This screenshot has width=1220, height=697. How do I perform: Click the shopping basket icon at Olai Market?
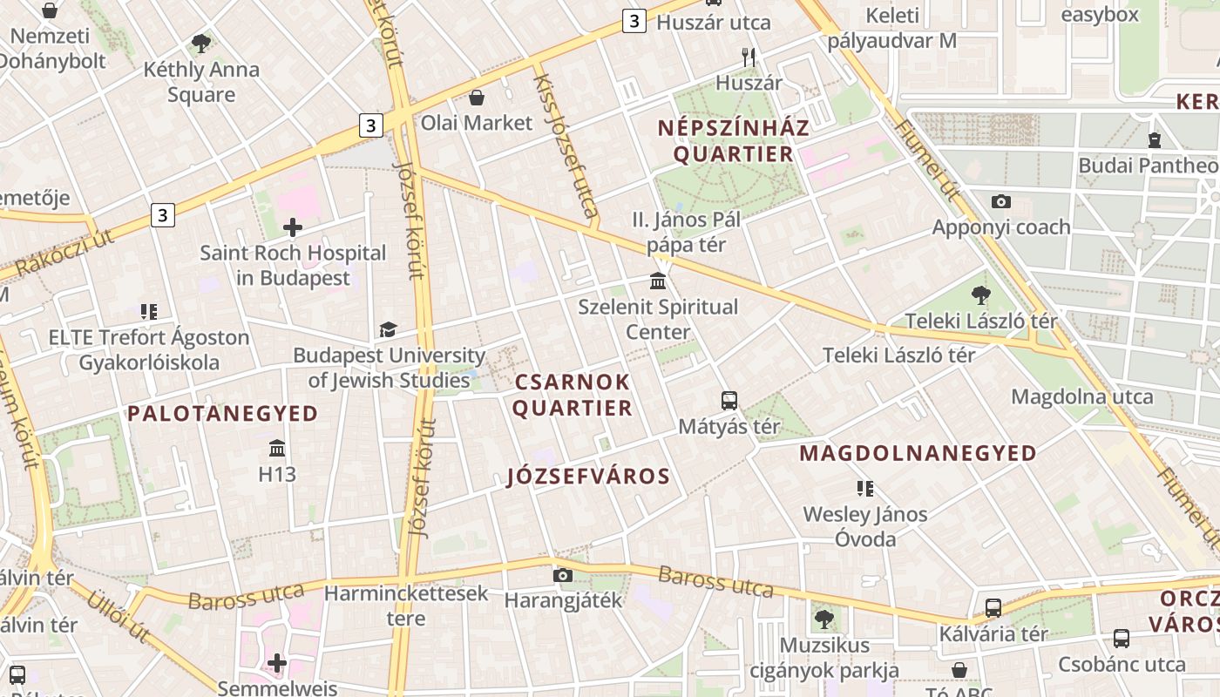coord(477,97)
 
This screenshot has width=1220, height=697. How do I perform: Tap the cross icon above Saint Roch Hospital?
coord(293,228)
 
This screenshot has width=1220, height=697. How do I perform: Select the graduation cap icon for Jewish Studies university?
coord(388,329)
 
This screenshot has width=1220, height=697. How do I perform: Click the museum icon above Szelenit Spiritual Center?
coord(658,281)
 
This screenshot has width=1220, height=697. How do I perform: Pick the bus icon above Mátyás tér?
coord(729,401)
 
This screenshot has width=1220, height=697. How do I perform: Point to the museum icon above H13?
coord(277,449)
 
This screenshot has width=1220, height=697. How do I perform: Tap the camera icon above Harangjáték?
coord(563,575)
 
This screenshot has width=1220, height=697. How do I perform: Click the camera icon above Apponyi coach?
coord(1001,201)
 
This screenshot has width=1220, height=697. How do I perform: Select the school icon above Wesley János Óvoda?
coord(864,489)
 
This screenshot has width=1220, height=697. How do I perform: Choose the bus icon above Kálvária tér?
coord(993,608)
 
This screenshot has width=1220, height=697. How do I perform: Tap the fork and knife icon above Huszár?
coord(749,58)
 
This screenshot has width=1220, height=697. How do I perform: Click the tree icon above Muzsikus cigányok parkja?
coord(823,619)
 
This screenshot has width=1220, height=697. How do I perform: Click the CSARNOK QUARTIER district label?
coord(572,395)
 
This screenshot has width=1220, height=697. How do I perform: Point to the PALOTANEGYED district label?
coord(223,413)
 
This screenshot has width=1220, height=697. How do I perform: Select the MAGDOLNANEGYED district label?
coord(918,453)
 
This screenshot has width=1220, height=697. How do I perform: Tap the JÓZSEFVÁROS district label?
coord(588,476)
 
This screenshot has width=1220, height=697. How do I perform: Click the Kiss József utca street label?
coord(566,145)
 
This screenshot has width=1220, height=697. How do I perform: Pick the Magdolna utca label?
coord(1081,397)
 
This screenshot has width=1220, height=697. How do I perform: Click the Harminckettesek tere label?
coord(406,606)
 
